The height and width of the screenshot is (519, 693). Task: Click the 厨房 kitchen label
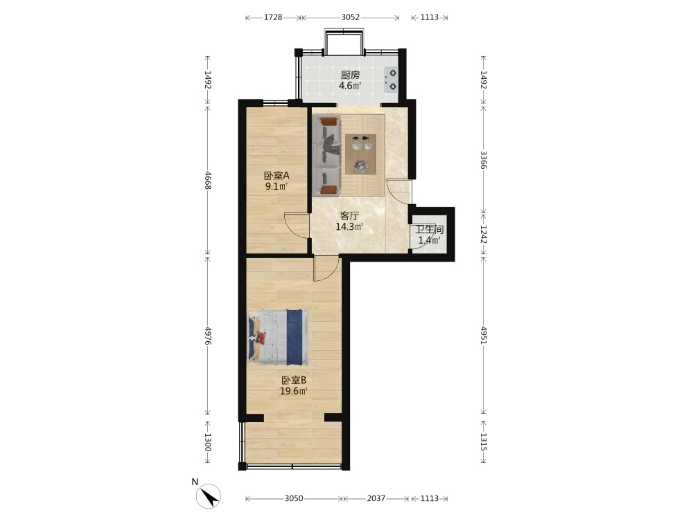[x=350, y=75]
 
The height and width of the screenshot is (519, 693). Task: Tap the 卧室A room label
[x=277, y=176]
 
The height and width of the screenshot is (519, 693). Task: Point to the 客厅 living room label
[x=349, y=216]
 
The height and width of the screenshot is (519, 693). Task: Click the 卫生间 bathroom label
[x=429, y=230]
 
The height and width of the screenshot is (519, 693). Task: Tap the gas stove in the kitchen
[x=391, y=80]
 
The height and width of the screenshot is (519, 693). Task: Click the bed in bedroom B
[x=278, y=337]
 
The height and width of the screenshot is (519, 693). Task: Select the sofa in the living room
[x=326, y=155]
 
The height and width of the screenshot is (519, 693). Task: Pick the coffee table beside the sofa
[x=360, y=154]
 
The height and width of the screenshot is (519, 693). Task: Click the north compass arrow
[x=209, y=496]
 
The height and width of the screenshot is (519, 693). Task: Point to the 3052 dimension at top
[x=351, y=18]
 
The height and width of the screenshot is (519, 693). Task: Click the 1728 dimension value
[x=273, y=18]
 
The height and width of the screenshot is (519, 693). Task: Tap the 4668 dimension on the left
[x=208, y=181]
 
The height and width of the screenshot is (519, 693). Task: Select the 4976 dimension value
[x=208, y=336]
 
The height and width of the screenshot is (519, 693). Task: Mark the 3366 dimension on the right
[x=484, y=160]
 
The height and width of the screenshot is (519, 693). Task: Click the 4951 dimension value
[x=484, y=336]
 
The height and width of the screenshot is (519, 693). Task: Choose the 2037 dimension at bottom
[x=376, y=499]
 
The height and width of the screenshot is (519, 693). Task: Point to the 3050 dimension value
[x=294, y=499]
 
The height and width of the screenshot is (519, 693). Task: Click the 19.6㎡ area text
[x=294, y=391]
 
